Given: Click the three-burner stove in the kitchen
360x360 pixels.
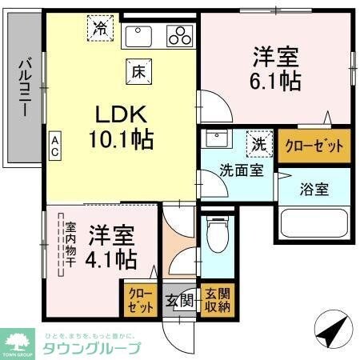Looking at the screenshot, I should pos(181,35).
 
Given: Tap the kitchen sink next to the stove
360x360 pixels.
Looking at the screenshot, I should pos(142,35).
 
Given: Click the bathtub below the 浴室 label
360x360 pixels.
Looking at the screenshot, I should pos(314,225).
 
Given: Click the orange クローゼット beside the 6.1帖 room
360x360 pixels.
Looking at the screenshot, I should pos(314,146).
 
